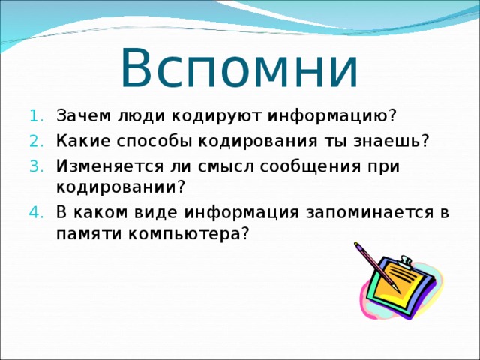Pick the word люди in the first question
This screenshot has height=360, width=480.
141,117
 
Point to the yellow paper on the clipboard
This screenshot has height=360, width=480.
401,286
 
